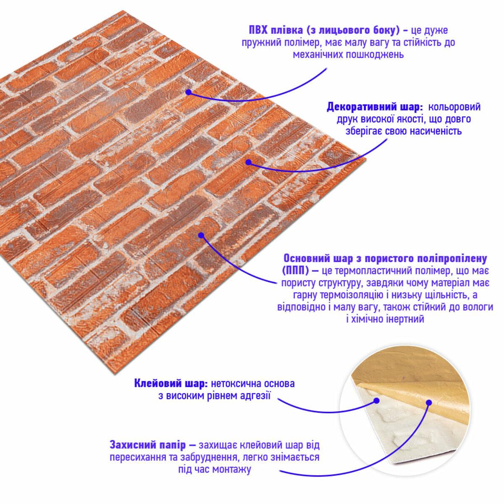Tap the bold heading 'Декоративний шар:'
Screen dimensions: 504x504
point(375,107)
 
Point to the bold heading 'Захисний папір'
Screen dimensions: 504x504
point(148,445)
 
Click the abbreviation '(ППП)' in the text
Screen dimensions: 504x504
point(296,271)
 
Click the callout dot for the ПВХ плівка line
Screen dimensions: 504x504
point(188,92)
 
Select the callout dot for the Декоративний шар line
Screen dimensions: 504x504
point(248,163)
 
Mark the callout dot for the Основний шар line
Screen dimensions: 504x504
point(201,235)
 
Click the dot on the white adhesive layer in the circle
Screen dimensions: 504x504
point(376,408)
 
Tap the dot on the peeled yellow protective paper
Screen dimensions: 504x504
point(429,410)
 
